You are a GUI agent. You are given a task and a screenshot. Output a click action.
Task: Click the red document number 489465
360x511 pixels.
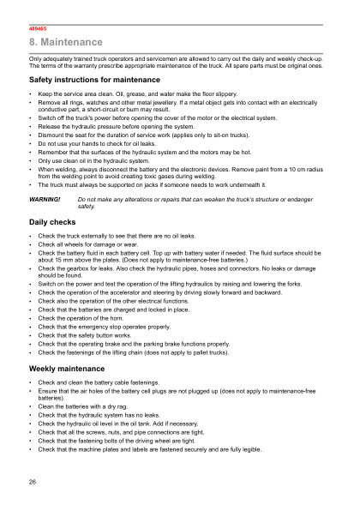38,28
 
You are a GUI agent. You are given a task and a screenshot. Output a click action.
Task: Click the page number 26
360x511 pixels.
33,482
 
